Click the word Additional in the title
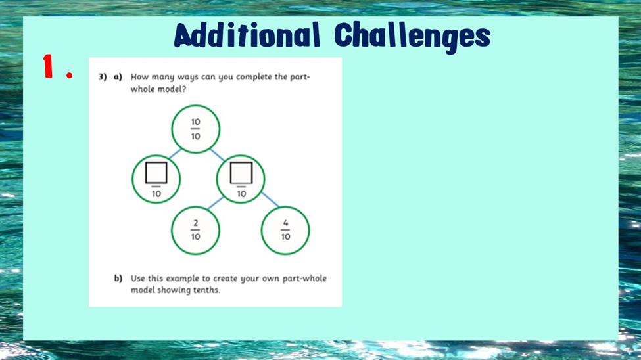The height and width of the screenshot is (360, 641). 247,35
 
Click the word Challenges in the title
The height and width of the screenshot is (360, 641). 412,37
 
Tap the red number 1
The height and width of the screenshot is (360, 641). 49,66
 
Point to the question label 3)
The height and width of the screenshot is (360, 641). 102,77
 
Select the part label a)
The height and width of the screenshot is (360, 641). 118,77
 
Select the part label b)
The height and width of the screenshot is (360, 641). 118,279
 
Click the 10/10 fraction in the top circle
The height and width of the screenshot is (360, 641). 195,129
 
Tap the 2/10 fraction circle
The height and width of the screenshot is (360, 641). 195,231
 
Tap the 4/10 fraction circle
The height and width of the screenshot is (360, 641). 285,231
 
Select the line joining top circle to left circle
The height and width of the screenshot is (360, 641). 175,154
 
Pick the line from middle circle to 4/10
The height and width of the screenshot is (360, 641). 270,200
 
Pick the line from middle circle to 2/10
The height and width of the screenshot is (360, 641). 216,203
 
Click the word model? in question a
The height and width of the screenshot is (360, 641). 172,89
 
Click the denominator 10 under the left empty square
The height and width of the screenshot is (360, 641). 156,194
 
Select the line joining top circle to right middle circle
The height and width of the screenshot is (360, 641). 217,154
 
